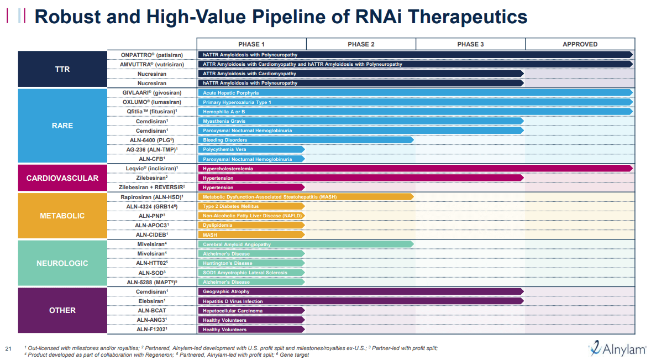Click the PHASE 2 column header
361,44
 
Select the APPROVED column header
580,44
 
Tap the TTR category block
62,69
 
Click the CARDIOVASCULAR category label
62,178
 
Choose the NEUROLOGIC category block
62,263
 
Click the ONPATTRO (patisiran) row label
152,55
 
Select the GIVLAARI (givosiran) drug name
152,92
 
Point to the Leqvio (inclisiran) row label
152,168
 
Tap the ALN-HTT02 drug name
152,263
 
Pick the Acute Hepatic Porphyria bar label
230,93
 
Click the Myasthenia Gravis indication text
224,121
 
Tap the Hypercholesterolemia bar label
228,168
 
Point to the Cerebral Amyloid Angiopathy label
237,244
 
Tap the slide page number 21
8,348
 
